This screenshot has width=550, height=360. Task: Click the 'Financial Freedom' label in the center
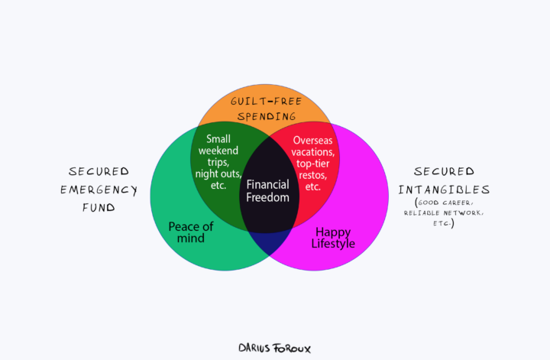pyautogui.click(x=267, y=190)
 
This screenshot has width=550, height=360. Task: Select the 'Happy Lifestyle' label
pyautogui.click(x=333, y=237)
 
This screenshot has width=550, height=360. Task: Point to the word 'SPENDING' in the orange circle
pyautogui.click(x=267, y=117)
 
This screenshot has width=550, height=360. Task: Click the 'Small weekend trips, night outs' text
pyautogui.click(x=219, y=161)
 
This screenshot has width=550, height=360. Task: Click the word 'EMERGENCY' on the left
pyautogui.click(x=99, y=190)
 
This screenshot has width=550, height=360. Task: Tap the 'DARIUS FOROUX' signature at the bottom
pyautogui.click(x=274, y=347)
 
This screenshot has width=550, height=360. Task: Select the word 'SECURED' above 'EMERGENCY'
pyautogui.click(x=99, y=171)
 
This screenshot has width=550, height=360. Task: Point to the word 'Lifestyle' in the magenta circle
pyautogui.click(x=333, y=244)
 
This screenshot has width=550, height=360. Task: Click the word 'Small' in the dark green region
pyautogui.click(x=219, y=139)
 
